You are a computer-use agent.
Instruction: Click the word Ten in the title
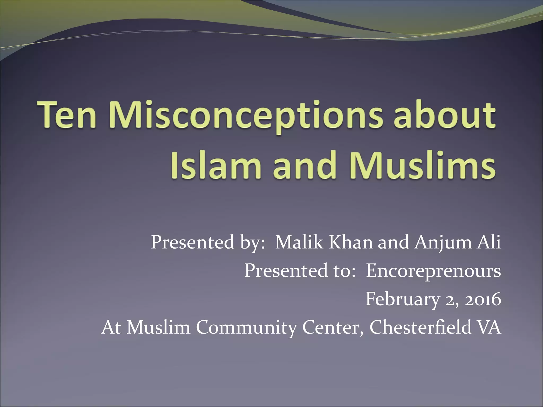pos(67,116)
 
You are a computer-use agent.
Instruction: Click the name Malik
pos(299,242)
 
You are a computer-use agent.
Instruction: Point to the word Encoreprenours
pos(433,271)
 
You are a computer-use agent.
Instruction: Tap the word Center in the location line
pos(333,328)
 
